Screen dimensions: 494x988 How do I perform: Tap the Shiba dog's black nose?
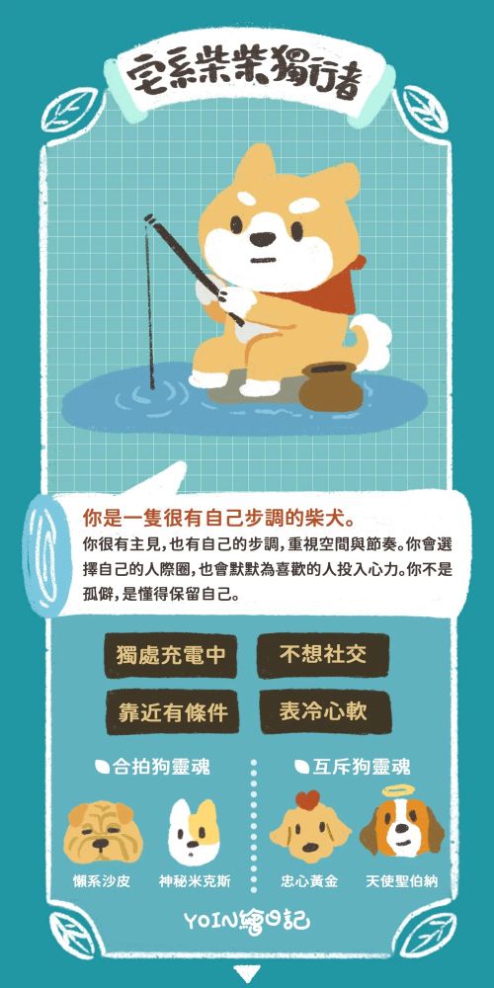coord(263,240)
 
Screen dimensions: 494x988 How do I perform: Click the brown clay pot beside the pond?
coord(330,387)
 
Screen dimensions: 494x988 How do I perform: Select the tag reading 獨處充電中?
coord(171,655)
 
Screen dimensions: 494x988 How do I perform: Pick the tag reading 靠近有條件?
coord(172,711)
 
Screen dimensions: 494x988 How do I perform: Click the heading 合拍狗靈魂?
coord(152,767)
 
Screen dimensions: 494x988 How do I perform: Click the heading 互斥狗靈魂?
coord(353,767)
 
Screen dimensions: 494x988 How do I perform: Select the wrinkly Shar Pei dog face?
coord(103,831)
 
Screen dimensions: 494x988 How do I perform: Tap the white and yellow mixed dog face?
coord(194,832)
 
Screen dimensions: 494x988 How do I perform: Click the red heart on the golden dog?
coord(308,801)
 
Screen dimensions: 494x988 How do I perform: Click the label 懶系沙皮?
coord(102,881)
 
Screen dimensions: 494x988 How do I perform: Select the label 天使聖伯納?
coord(401,881)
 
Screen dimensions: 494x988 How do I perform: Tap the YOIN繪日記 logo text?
coord(247,922)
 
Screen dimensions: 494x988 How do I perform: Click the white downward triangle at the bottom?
coord(246,974)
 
